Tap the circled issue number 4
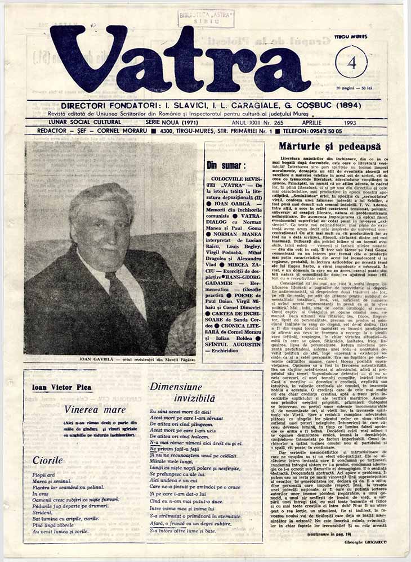[351, 61]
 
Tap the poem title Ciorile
[47, 460]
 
